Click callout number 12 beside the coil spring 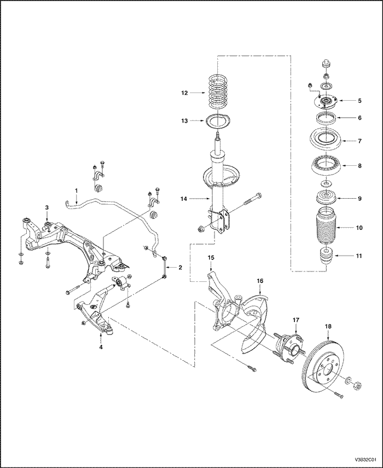(184, 94)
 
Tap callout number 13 (184, 122)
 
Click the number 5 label (359, 101)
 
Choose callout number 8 (359, 163)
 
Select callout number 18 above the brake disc (328, 326)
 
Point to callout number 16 (260, 281)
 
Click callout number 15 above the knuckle (211, 257)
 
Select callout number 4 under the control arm (101, 346)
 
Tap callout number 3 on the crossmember (47, 207)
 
